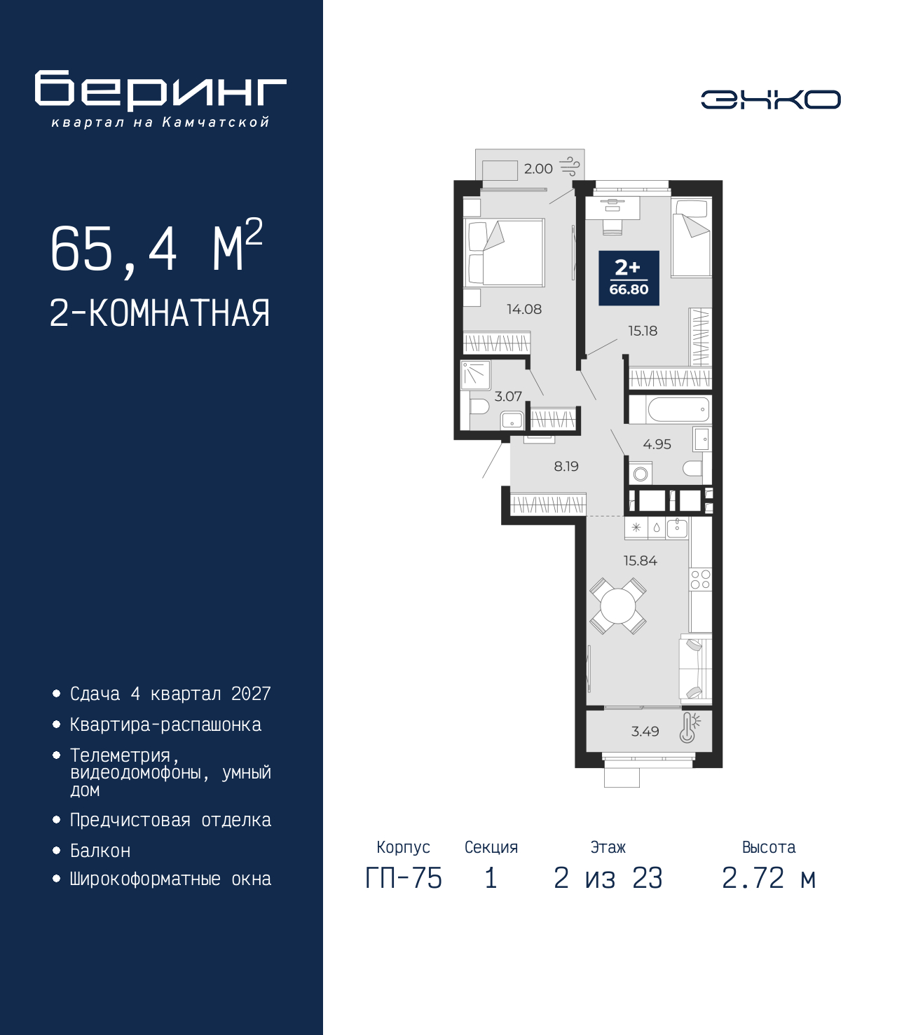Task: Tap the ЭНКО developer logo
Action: click(770, 99)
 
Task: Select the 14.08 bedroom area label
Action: click(524, 309)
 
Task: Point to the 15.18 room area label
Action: click(643, 331)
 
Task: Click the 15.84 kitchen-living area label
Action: click(640, 561)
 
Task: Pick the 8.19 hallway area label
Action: click(566, 466)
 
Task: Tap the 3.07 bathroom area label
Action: click(508, 396)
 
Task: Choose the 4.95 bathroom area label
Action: click(657, 444)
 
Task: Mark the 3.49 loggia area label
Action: click(645, 731)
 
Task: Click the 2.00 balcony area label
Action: click(538, 169)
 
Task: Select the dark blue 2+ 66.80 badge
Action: click(629, 278)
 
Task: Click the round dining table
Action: click(617, 606)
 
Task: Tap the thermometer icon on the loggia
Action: click(689, 727)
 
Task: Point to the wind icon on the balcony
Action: click(570, 166)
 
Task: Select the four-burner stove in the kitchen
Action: click(700, 579)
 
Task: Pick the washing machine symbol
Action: click(640, 473)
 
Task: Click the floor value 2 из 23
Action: click(608, 879)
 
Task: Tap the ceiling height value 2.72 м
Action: click(769, 879)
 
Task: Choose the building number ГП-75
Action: click(403, 879)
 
